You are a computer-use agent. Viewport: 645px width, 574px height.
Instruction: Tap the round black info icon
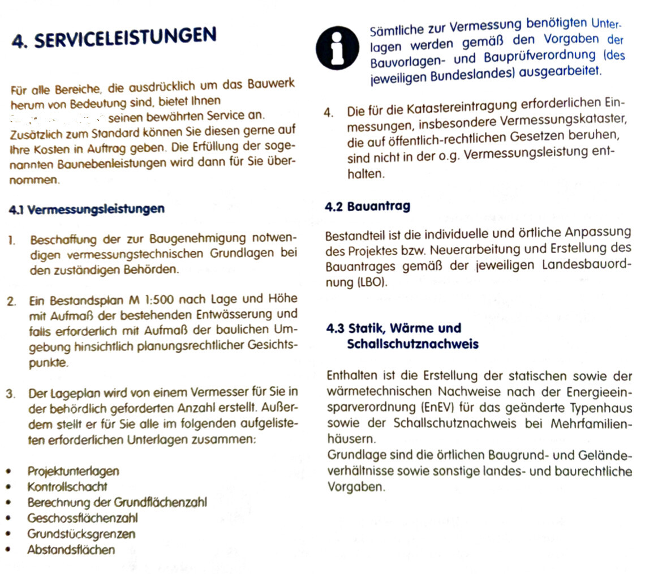tap(337, 49)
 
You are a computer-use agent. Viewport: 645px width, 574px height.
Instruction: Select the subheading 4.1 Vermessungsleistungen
tap(87, 209)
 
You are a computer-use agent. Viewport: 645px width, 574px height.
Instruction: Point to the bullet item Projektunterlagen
tap(73, 471)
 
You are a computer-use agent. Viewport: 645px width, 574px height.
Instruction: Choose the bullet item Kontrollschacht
tap(67, 486)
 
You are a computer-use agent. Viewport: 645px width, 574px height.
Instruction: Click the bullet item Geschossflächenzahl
tap(82, 518)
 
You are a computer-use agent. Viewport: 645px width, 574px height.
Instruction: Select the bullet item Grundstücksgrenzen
tap(81, 534)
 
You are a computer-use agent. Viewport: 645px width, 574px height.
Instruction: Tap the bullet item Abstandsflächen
tap(71, 550)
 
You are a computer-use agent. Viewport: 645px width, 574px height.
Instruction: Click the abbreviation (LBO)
tap(372, 282)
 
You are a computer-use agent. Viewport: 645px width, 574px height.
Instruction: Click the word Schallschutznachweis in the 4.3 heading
tap(412, 344)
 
